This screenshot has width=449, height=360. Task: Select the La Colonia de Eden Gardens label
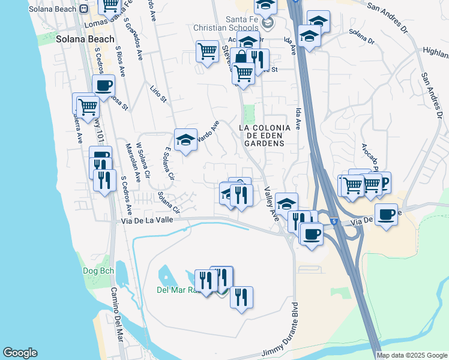[x=265, y=136]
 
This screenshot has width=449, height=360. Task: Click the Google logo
[x=20, y=353]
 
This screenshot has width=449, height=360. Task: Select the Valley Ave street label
[x=273, y=203]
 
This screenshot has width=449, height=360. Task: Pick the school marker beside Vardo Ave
[x=185, y=140]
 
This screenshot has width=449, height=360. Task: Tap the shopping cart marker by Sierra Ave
[x=88, y=107]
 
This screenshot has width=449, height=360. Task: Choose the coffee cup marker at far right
[x=386, y=214]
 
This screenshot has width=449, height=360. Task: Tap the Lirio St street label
[x=158, y=94]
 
